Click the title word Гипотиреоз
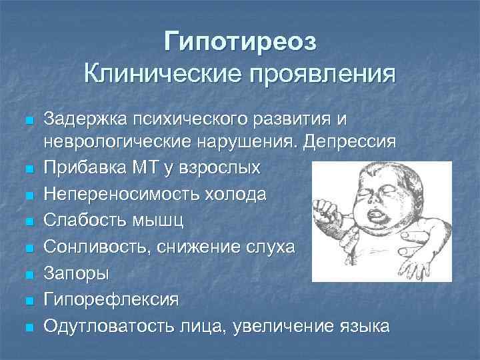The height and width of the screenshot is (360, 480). click(x=241, y=41)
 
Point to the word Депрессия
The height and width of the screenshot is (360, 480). click(x=349, y=143)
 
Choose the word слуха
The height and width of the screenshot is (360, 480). click(x=266, y=247)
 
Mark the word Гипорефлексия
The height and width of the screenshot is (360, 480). click(x=111, y=300)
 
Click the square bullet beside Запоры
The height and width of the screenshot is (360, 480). click(x=28, y=274)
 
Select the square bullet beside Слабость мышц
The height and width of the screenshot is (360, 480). click(x=28, y=221)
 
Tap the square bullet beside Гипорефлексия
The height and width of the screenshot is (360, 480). click(x=28, y=301)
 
